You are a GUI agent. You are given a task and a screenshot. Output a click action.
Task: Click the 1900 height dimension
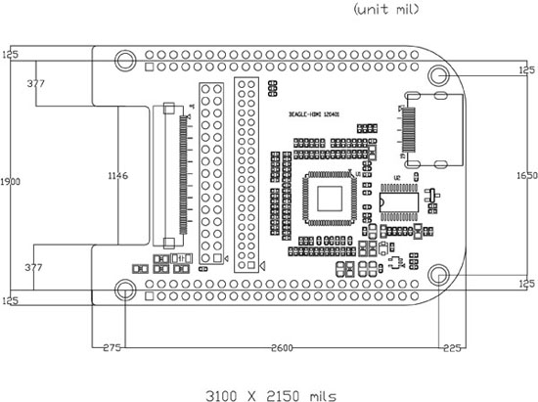click(9, 182)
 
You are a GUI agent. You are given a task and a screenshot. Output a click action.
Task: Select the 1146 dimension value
click(117, 176)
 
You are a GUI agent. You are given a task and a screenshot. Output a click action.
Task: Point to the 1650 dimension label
click(525, 174)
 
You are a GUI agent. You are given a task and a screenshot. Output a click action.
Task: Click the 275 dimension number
click(109, 347)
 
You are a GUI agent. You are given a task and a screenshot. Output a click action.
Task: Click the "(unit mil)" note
click(384, 10)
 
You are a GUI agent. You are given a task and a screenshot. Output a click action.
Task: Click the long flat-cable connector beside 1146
click(179, 176)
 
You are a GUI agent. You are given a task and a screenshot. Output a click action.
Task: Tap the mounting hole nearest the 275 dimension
click(125, 289)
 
